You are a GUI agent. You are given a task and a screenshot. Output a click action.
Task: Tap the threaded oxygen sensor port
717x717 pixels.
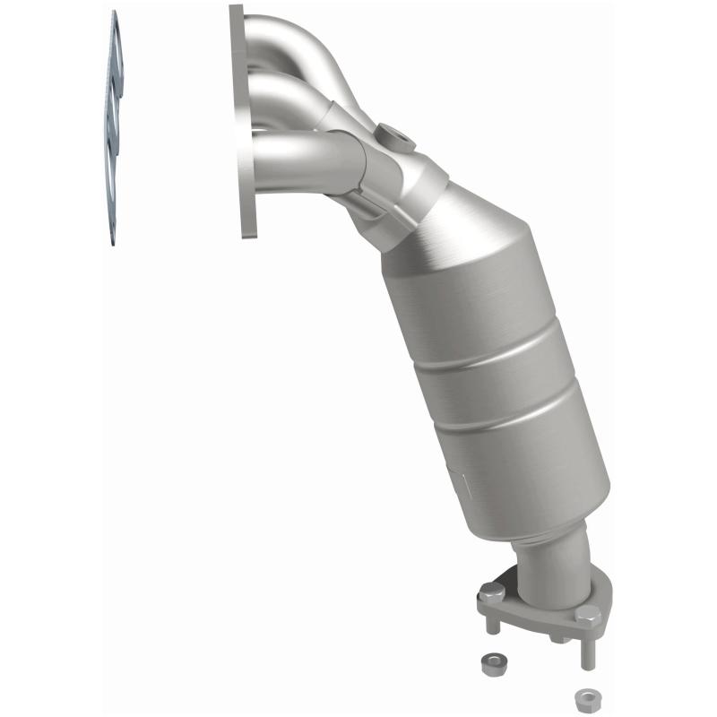(395, 138)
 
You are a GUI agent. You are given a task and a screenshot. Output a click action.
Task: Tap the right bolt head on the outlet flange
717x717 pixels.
(587, 615)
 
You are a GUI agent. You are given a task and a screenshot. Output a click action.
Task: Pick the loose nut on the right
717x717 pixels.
(586, 696)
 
